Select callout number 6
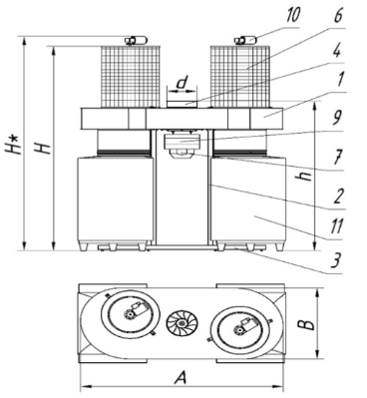tap(338, 15)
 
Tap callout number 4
tap(336, 51)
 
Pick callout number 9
tap(337, 119)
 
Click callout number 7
tap(337, 157)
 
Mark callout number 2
tap(337, 197)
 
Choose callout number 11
tap(335, 227)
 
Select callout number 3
tap(336, 260)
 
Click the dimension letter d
tap(183, 83)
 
